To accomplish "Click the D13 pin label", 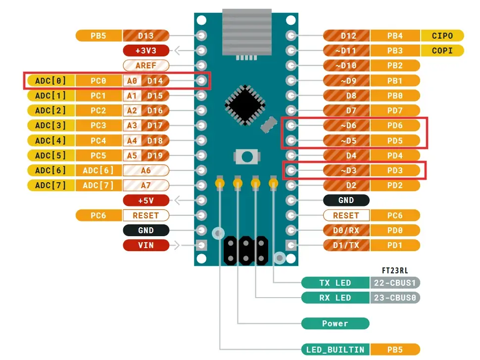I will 145,36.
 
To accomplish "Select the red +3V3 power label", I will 145,51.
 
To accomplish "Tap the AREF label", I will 145,65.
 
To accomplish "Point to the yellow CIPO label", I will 442,36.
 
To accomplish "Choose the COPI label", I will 442,51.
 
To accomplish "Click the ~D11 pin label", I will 346,51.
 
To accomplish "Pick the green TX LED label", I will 335,283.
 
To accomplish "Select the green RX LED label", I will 335,298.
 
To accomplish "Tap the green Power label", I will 335,323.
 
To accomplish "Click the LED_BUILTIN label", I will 335,350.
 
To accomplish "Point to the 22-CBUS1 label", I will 395,283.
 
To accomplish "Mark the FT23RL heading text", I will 395,270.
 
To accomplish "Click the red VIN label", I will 145,245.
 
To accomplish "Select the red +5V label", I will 145,201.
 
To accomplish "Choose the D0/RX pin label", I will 346,230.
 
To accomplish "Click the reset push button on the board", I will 246,157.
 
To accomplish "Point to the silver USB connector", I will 246,32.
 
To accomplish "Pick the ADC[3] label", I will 50,125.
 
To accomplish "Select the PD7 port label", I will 395,110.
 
